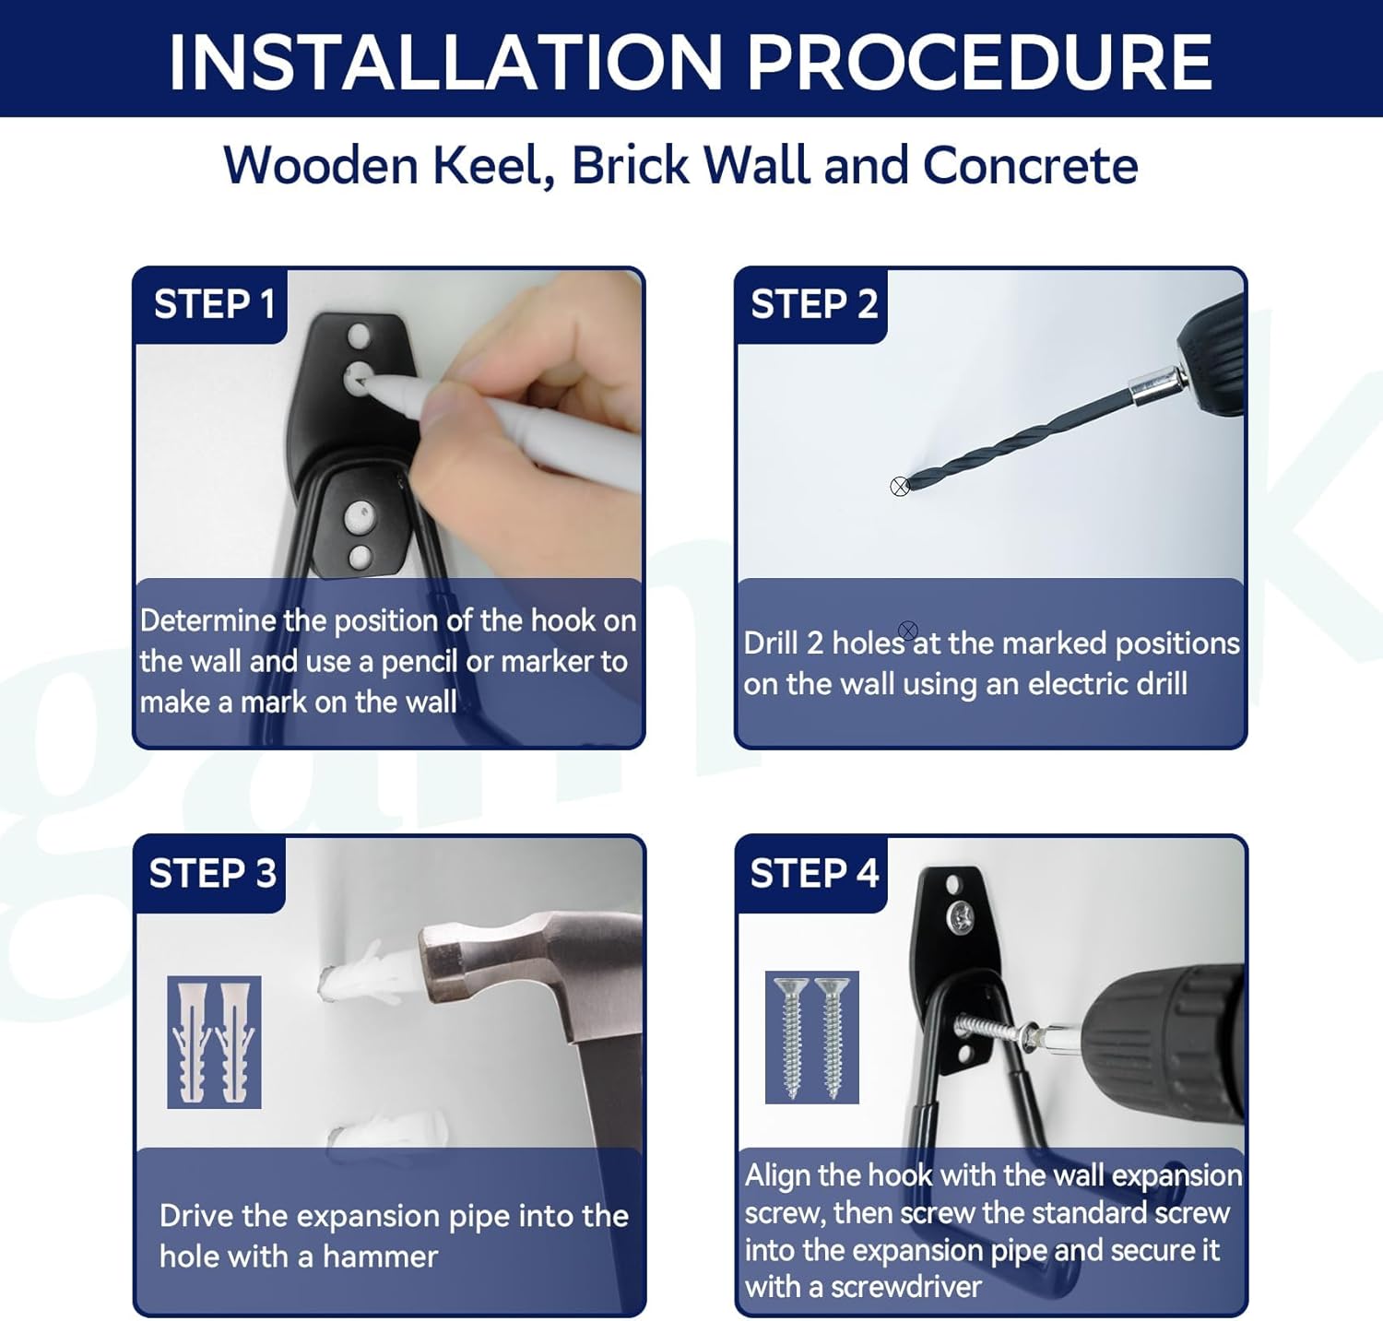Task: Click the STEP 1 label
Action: point(214,304)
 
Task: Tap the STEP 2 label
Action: point(814,304)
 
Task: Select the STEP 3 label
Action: point(212,873)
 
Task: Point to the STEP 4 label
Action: point(814,873)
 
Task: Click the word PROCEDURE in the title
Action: point(979,63)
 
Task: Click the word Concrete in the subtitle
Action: point(1030,166)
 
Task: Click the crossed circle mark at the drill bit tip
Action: point(900,487)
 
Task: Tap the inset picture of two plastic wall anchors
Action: point(214,1042)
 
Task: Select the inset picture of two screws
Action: point(812,1037)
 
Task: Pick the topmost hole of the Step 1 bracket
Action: point(359,335)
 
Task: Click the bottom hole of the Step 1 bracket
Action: point(360,556)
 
